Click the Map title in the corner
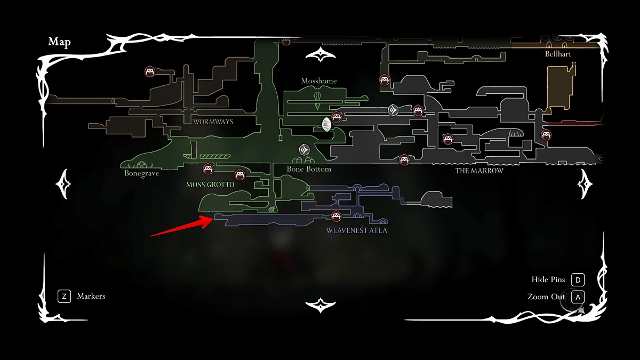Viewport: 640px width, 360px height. point(59,42)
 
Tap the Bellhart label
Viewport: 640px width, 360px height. point(558,54)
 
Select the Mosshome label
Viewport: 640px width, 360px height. point(319,81)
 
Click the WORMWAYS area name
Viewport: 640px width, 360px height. point(213,122)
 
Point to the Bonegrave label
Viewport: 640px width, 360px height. point(142,173)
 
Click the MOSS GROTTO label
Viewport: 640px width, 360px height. point(210,185)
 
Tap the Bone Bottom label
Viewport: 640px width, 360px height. point(309,169)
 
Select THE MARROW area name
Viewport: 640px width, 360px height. point(479,171)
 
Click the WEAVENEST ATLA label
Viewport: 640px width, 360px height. point(357,230)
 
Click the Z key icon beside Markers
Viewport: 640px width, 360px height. point(64,296)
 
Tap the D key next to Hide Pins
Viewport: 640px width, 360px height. point(578,280)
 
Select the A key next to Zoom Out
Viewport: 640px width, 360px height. point(578,297)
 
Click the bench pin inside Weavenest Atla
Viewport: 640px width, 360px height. point(336,216)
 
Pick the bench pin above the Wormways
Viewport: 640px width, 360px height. point(150,71)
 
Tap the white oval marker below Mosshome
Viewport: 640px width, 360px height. point(326,125)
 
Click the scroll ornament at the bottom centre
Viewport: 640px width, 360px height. point(320,305)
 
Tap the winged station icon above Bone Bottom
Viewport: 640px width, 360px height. point(305,150)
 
